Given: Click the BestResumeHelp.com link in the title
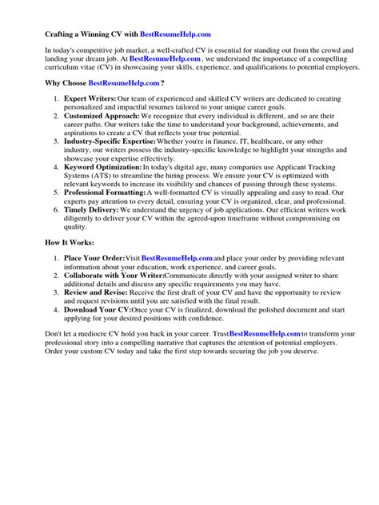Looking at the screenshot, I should (176, 34).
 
